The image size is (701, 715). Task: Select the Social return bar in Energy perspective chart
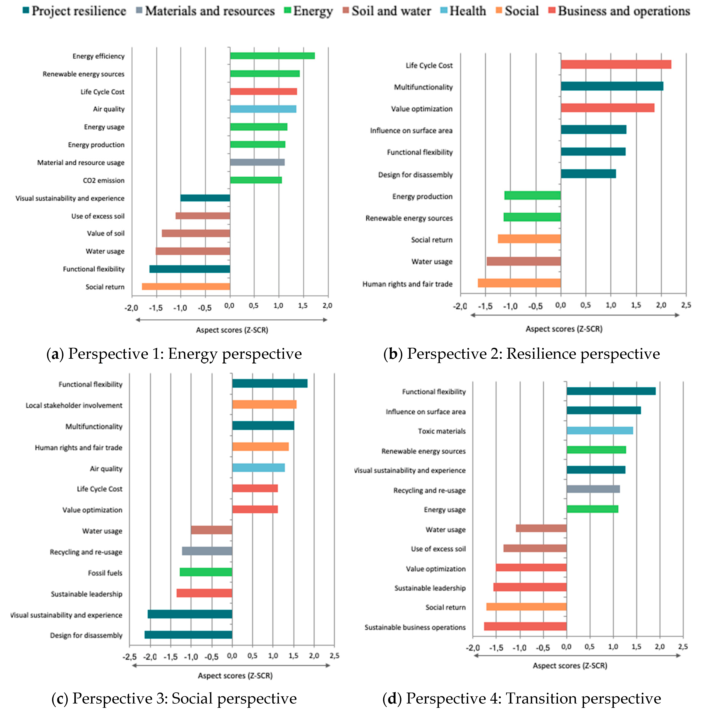(186, 287)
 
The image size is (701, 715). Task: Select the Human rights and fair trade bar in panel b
(519, 283)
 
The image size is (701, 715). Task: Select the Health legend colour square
(444, 10)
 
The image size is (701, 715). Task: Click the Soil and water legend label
(391, 11)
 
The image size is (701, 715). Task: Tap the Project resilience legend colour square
(26, 10)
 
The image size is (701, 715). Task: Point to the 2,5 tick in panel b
(686, 305)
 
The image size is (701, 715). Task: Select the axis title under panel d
(569, 665)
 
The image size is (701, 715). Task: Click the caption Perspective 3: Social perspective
(174, 698)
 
